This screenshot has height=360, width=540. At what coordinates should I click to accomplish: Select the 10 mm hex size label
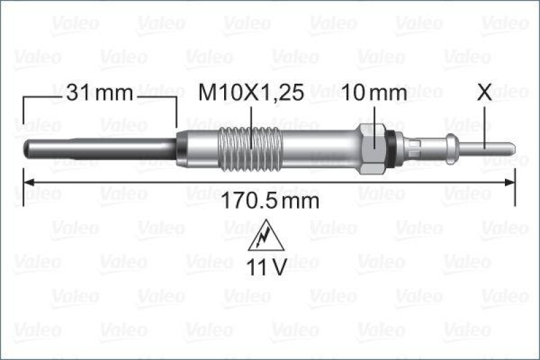tap(375, 94)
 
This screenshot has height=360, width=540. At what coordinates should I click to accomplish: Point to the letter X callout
tap(485, 93)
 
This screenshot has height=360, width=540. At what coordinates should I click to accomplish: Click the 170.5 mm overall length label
tap(269, 201)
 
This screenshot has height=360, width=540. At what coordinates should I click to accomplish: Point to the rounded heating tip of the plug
tap(28, 147)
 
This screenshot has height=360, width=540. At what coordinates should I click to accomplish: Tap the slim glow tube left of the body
tap(101, 147)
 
